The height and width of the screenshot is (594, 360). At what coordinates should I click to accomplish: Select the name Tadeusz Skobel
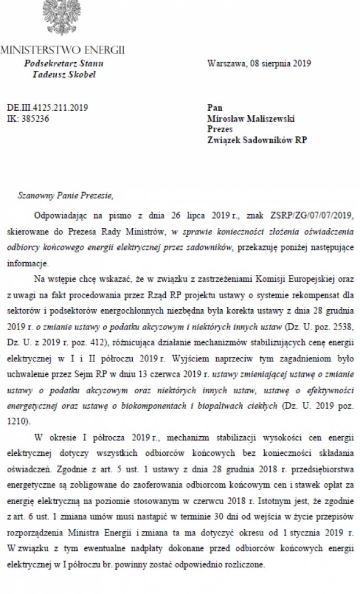(64, 74)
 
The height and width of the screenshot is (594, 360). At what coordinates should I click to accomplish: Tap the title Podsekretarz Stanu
(64, 63)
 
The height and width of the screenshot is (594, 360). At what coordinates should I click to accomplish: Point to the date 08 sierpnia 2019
(281, 63)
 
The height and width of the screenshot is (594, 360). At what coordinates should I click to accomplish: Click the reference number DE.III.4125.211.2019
(47, 107)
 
